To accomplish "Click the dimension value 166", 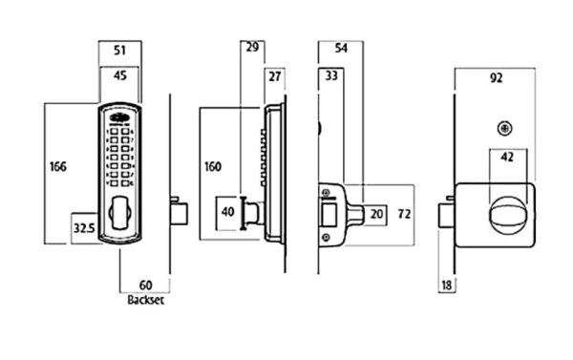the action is (58, 167).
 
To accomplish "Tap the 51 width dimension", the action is (120, 50).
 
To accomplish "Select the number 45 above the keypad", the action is (120, 75).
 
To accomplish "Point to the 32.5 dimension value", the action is (84, 228).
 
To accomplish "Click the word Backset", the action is (145, 300).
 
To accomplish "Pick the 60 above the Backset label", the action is (145, 286).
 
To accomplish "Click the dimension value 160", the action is (213, 167).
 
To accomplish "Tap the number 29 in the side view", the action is (252, 47).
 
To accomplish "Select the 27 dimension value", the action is (275, 76).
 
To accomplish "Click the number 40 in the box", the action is (228, 212).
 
